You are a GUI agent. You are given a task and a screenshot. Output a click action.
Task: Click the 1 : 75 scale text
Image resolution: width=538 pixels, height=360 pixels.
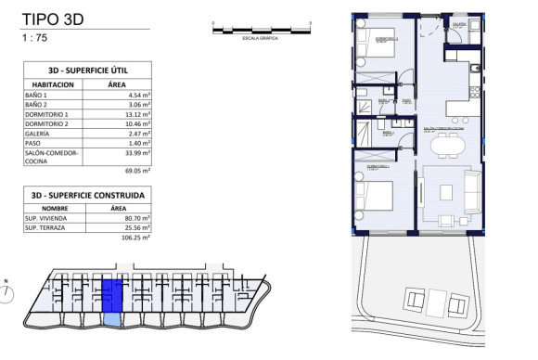[37, 38]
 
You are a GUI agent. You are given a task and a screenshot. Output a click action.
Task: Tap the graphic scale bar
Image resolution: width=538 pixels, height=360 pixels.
[262, 31]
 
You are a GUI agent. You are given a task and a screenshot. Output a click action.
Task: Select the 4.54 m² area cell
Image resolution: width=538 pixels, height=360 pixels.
[136, 94]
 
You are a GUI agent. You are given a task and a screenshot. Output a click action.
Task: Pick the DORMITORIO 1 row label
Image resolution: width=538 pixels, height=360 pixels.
[46, 117]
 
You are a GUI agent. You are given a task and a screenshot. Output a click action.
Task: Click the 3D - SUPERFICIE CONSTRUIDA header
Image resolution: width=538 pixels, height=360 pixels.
[87, 196]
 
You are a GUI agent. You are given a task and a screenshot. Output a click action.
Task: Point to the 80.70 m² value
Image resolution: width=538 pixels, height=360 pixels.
[136, 217]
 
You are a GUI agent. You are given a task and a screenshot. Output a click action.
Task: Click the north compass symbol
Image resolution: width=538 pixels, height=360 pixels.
[8, 293]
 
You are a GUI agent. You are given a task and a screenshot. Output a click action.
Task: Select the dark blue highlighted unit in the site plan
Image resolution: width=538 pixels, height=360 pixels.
[111, 295]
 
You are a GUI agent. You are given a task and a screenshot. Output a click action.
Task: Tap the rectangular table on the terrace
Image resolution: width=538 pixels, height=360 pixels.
[427, 300]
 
